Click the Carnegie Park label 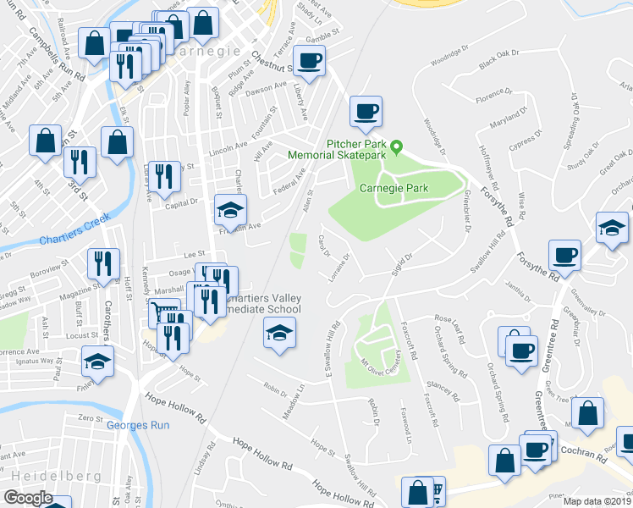(x=394, y=187)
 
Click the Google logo (x=28, y=498)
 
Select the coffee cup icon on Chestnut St (x=311, y=60)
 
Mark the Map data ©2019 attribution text (x=597, y=500)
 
